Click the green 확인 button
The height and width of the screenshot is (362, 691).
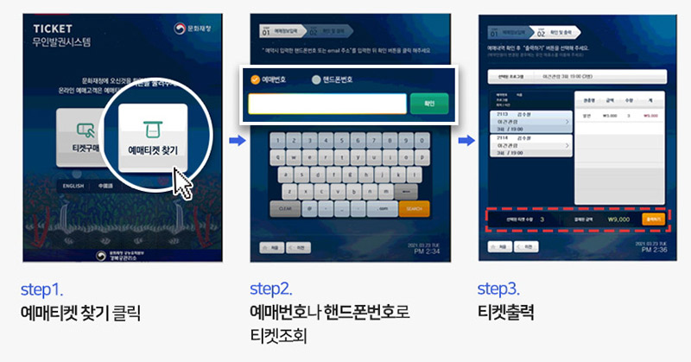click(x=428, y=104)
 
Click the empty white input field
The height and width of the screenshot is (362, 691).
click(x=327, y=104)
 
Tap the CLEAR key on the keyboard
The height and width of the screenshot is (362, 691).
click(x=285, y=208)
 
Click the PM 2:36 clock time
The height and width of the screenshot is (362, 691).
click(x=652, y=251)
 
